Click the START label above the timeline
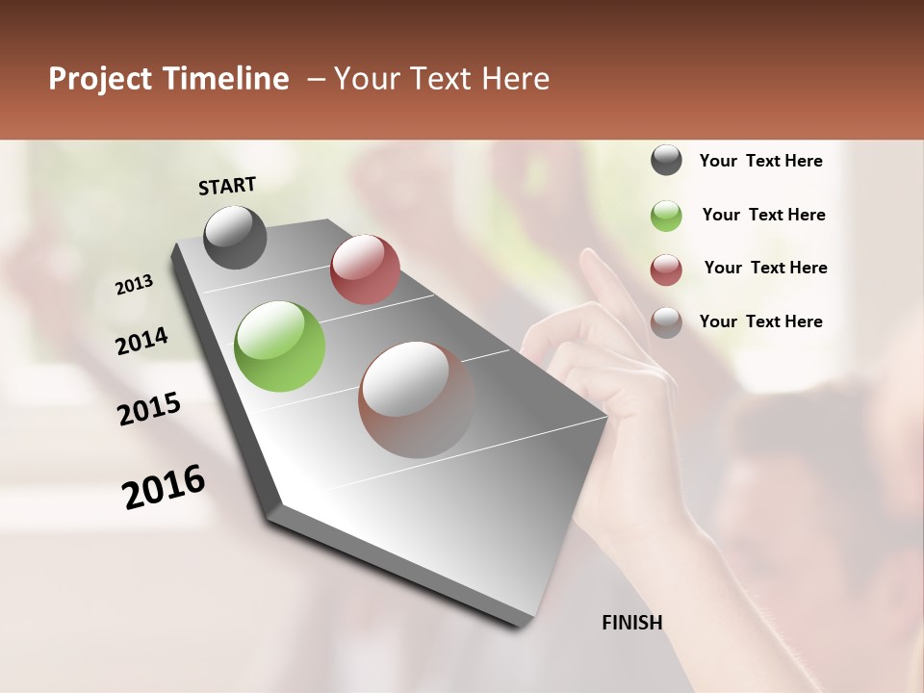pos(227,186)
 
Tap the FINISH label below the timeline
pos(631,623)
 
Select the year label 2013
pos(134,285)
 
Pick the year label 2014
pos(141,342)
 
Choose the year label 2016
pos(164,487)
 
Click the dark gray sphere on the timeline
pos(236,237)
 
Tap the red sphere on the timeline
pos(365,269)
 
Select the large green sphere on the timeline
pos(280,346)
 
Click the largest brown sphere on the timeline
pos(417,398)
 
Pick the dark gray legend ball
pos(666,161)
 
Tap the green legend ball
pos(666,216)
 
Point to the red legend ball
pos(666,269)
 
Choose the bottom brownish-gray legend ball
pos(666,322)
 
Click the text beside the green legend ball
pos(763,215)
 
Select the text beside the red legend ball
pos(765,268)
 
